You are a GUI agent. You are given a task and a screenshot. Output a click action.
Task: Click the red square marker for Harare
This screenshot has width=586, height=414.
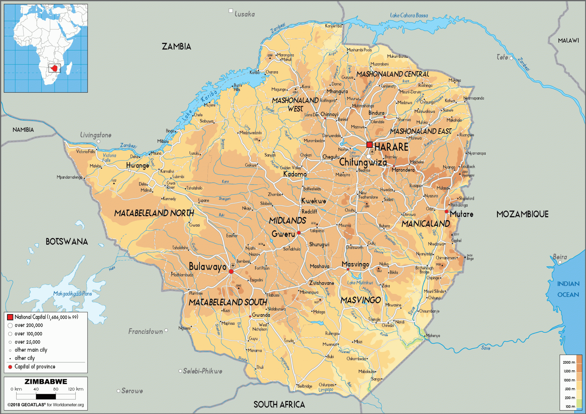pos(369,144)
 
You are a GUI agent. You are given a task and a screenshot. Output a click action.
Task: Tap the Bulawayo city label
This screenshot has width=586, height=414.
pos(207,266)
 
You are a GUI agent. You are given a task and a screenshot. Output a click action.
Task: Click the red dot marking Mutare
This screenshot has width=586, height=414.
pos(446,212)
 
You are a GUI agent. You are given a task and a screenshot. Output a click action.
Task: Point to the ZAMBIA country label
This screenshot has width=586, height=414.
pos(176,47)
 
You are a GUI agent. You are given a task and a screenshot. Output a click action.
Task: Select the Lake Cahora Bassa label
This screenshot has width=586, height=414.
pos(409,15)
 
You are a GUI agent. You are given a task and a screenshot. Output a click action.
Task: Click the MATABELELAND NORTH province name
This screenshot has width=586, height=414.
pos(154,213)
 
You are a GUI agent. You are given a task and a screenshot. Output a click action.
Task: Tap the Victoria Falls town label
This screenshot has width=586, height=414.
pos(85,152)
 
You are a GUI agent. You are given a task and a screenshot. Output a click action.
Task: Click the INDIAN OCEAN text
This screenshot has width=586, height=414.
pos(568,289)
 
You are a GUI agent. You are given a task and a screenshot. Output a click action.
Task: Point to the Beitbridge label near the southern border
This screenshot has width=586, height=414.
pos(305,386)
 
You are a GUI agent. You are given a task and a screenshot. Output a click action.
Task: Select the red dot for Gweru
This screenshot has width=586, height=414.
pos(299,233)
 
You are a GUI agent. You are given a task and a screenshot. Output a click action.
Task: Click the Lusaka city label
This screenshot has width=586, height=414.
pos(244,14)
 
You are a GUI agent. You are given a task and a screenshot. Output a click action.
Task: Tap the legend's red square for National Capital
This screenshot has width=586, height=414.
pos(10,317)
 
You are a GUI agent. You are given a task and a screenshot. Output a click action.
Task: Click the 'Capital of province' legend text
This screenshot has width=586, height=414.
pos(35,367)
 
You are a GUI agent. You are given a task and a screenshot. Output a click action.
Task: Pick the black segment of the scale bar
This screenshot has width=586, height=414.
pos(46,397)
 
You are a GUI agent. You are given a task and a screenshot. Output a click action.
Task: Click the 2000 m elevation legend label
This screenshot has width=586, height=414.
pos(569,362)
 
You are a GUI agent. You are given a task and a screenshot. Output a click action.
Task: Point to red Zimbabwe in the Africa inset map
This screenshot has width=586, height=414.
pos(54,68)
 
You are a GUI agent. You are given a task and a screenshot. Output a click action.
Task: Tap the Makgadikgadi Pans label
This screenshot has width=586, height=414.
pos(72,294)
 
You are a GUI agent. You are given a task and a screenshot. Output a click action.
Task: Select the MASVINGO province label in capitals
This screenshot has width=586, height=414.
pos(361,300)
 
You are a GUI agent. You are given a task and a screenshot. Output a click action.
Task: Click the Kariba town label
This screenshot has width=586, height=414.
pos(254,73)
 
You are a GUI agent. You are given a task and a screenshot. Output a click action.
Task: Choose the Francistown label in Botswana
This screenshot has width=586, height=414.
pos(145,332)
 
